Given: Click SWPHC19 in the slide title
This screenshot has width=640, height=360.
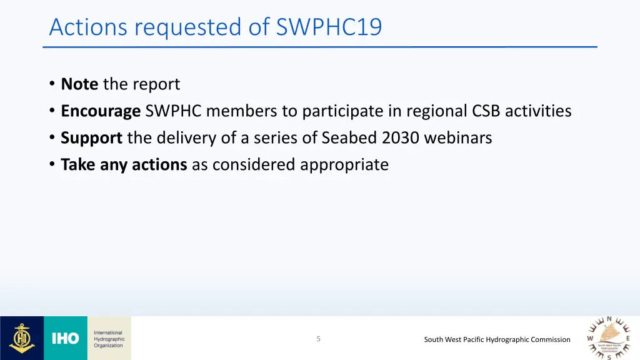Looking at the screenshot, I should tap(329, 27).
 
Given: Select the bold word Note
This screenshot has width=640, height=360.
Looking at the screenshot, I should tap(79, 84).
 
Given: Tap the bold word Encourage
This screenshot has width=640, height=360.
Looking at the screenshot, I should tap(101, 111).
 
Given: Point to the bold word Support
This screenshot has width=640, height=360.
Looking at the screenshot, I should tap(91, 138).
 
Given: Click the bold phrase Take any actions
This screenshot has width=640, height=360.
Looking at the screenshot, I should tap(124, 165).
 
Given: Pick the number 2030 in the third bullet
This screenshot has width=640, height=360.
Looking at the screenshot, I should tap(401, 138).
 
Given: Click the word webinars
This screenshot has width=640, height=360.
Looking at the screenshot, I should tap(458, 138).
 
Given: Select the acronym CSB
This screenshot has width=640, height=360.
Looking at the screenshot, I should tap(487, 111).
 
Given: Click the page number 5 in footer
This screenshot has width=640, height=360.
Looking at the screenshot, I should tap(318, 339).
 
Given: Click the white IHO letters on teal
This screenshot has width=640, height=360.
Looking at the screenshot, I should tap(66, 339).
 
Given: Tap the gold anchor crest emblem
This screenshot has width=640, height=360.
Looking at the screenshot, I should tap(21, 338).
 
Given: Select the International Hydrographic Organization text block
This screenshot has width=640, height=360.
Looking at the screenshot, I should tap(109, 339).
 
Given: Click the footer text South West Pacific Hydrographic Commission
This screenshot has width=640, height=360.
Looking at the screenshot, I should tap(497, 339).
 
